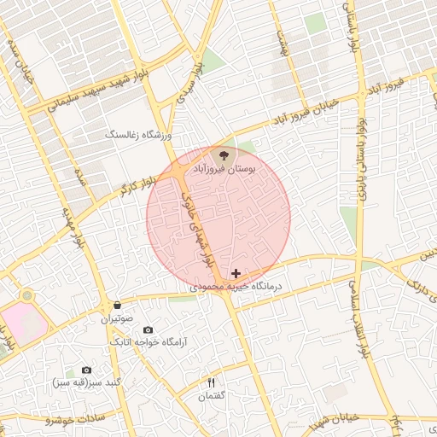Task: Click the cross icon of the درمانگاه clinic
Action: click(236, 273)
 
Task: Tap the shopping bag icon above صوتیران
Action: click(116, 305)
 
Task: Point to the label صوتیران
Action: click(116, 318)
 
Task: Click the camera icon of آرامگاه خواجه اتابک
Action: click(148, 329)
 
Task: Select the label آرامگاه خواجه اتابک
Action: click(148, 342)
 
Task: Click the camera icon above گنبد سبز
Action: click(86, 370)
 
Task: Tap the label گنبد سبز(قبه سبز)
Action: click(86, 382)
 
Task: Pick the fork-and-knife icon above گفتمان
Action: click(211, 382)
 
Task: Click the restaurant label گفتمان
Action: click(211, 395)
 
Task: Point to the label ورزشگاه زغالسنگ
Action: click(137, 135)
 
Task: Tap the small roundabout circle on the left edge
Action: click(27, 295)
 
